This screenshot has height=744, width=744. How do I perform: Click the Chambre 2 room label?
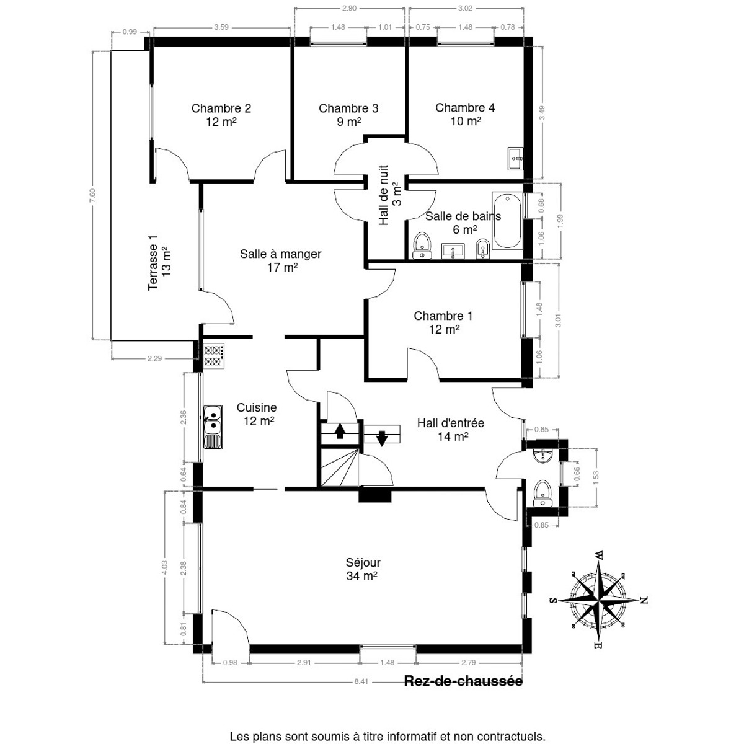[221, 115]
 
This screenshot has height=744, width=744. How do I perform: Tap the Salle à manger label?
[281, 260]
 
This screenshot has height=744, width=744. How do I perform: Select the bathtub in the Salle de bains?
[507, 221]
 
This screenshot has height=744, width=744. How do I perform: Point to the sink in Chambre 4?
[515, 159]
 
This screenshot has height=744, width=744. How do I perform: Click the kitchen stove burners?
[214, 356]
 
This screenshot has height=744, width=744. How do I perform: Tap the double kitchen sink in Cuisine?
[213, 427]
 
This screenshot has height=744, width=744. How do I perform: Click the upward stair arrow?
[339, 431]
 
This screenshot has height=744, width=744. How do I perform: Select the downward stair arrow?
[381, 438]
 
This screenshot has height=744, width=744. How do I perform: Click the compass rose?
[598, 600]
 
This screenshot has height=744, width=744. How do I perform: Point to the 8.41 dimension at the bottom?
[361, 681]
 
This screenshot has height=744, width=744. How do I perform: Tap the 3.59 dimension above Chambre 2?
[221, 27]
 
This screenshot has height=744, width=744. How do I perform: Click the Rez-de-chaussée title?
[463, 681]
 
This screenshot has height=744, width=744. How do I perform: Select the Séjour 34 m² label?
[363, 569]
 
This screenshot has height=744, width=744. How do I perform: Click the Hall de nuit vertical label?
[389, 195]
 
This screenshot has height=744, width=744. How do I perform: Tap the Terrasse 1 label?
[159, 262]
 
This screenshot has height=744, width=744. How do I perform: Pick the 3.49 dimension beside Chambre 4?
[542, 113]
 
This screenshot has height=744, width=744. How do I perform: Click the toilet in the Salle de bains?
[422, 246]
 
